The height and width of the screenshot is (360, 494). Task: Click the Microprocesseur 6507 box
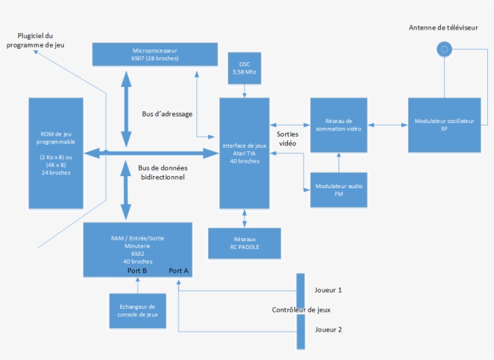tap(155, 54)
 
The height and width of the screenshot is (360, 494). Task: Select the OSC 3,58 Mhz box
tap(244, 68)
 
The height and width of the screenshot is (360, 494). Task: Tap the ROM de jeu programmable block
tap(55, 153)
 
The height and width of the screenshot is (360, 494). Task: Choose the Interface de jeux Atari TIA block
tap(244, 153)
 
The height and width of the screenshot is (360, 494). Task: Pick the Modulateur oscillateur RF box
tap(444, 125)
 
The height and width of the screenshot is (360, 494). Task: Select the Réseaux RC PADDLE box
tap(244, 242)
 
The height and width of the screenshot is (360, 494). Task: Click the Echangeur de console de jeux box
tap(137, 311)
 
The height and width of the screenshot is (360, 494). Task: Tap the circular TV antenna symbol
tap(444, 49)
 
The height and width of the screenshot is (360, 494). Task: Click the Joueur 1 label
tap(328, 290)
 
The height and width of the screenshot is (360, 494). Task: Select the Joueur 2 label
tap(328, 330)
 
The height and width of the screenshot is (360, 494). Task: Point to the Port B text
tap(137, 271)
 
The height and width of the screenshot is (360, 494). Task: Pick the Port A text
tap(179, 271)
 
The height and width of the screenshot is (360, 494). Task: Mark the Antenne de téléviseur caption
tap(443, 28)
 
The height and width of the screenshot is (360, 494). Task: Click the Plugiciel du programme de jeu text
tap(35, 40)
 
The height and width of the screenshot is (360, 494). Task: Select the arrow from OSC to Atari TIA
tap(244, 90)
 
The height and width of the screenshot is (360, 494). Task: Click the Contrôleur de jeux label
tap(301, 310)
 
